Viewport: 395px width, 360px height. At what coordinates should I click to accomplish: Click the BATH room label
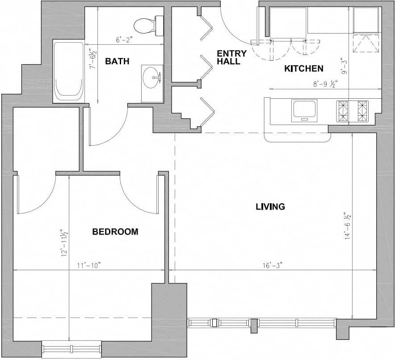[x=117, y=61]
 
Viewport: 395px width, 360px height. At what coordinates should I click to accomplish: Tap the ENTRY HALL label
[x=231, y=58]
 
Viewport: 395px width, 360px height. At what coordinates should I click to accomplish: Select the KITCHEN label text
[x=303, y=69]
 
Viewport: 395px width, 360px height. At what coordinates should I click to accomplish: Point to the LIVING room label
[x=270, y=206]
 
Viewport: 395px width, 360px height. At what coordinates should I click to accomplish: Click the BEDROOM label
[x=115, y=232]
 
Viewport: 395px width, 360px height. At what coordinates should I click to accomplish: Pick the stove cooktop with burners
[x=352, y=111]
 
